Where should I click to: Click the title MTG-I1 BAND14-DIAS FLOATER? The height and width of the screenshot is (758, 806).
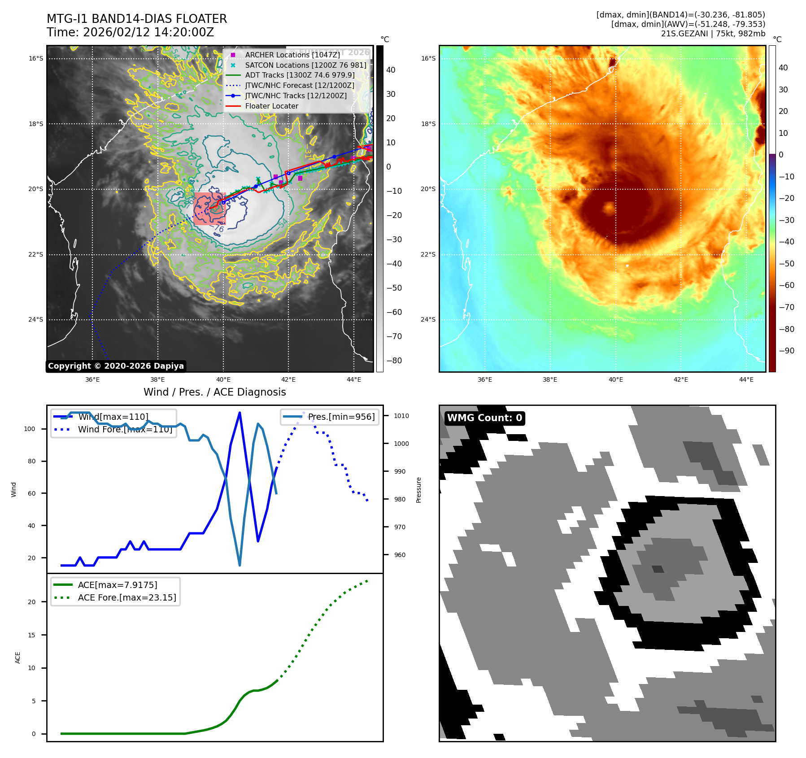[137, 19]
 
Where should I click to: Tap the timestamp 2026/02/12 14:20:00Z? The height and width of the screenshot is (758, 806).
[148, 32]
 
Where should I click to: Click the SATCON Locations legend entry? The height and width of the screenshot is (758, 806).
[305, 65]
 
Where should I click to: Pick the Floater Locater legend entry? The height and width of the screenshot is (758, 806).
[271, 106]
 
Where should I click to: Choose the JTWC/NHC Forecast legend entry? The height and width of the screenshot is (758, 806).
[300, 86]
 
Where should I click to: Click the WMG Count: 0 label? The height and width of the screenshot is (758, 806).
[484, 418]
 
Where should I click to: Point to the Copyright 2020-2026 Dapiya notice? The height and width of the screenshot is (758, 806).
[116, 366]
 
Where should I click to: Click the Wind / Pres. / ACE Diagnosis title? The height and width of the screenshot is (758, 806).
[214, 392]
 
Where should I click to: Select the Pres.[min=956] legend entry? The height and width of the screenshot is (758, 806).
[341, 417]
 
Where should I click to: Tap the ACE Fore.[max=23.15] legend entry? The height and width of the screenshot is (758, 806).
[127, 597]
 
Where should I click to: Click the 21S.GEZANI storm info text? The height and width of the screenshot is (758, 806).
[713, 34]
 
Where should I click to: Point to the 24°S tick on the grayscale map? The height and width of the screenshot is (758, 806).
[36, 320]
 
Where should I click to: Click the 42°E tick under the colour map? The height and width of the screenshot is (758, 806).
[680, 380]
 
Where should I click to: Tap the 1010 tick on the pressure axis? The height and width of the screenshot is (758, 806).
[401, 416]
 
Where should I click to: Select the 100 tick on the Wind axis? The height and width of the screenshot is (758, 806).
[30, 429]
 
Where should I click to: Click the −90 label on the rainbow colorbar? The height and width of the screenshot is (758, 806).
[786, 351]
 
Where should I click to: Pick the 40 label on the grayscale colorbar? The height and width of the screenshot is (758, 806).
[391, 70]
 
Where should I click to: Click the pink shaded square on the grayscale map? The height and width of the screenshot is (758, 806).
[209, 209]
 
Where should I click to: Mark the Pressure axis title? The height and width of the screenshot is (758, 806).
[418, 490]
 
